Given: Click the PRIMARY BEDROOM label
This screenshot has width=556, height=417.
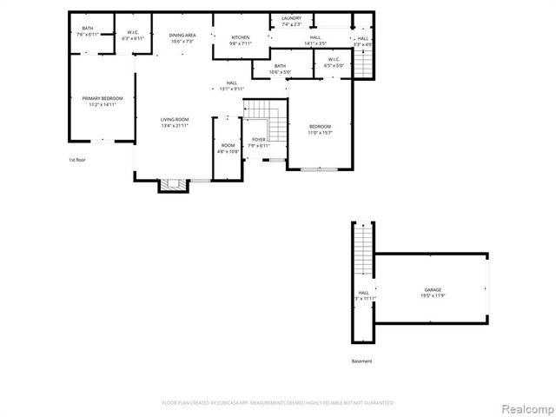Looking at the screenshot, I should [x=103, y=98].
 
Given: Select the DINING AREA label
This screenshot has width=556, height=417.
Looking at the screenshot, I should [x=182, y=35].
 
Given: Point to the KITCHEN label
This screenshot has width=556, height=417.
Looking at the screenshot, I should [x=241, y=37].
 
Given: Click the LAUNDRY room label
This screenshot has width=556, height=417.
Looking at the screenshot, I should [x=292, y=18].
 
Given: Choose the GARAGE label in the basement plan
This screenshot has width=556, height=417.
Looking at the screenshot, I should [x=433, y=289].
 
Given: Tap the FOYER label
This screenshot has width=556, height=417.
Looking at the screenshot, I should [x=259, y=139].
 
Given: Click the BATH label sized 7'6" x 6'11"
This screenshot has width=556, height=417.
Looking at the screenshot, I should [x=88, y=28].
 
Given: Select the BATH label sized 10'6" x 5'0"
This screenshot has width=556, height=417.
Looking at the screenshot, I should [x=280, y=66].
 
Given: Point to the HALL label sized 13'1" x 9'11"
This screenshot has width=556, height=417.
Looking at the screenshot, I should [x=232, y=83].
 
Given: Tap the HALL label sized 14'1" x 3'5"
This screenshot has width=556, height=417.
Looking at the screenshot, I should [x=314, y=37].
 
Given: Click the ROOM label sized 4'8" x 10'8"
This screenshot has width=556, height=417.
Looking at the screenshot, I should [x=228, y=145].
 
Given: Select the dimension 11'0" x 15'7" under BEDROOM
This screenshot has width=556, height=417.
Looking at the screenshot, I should [x=320, y=133].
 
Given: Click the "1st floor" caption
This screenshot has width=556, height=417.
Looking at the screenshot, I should [x=77, y=160].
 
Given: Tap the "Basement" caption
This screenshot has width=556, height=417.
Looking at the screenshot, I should [x=361, y=361].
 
